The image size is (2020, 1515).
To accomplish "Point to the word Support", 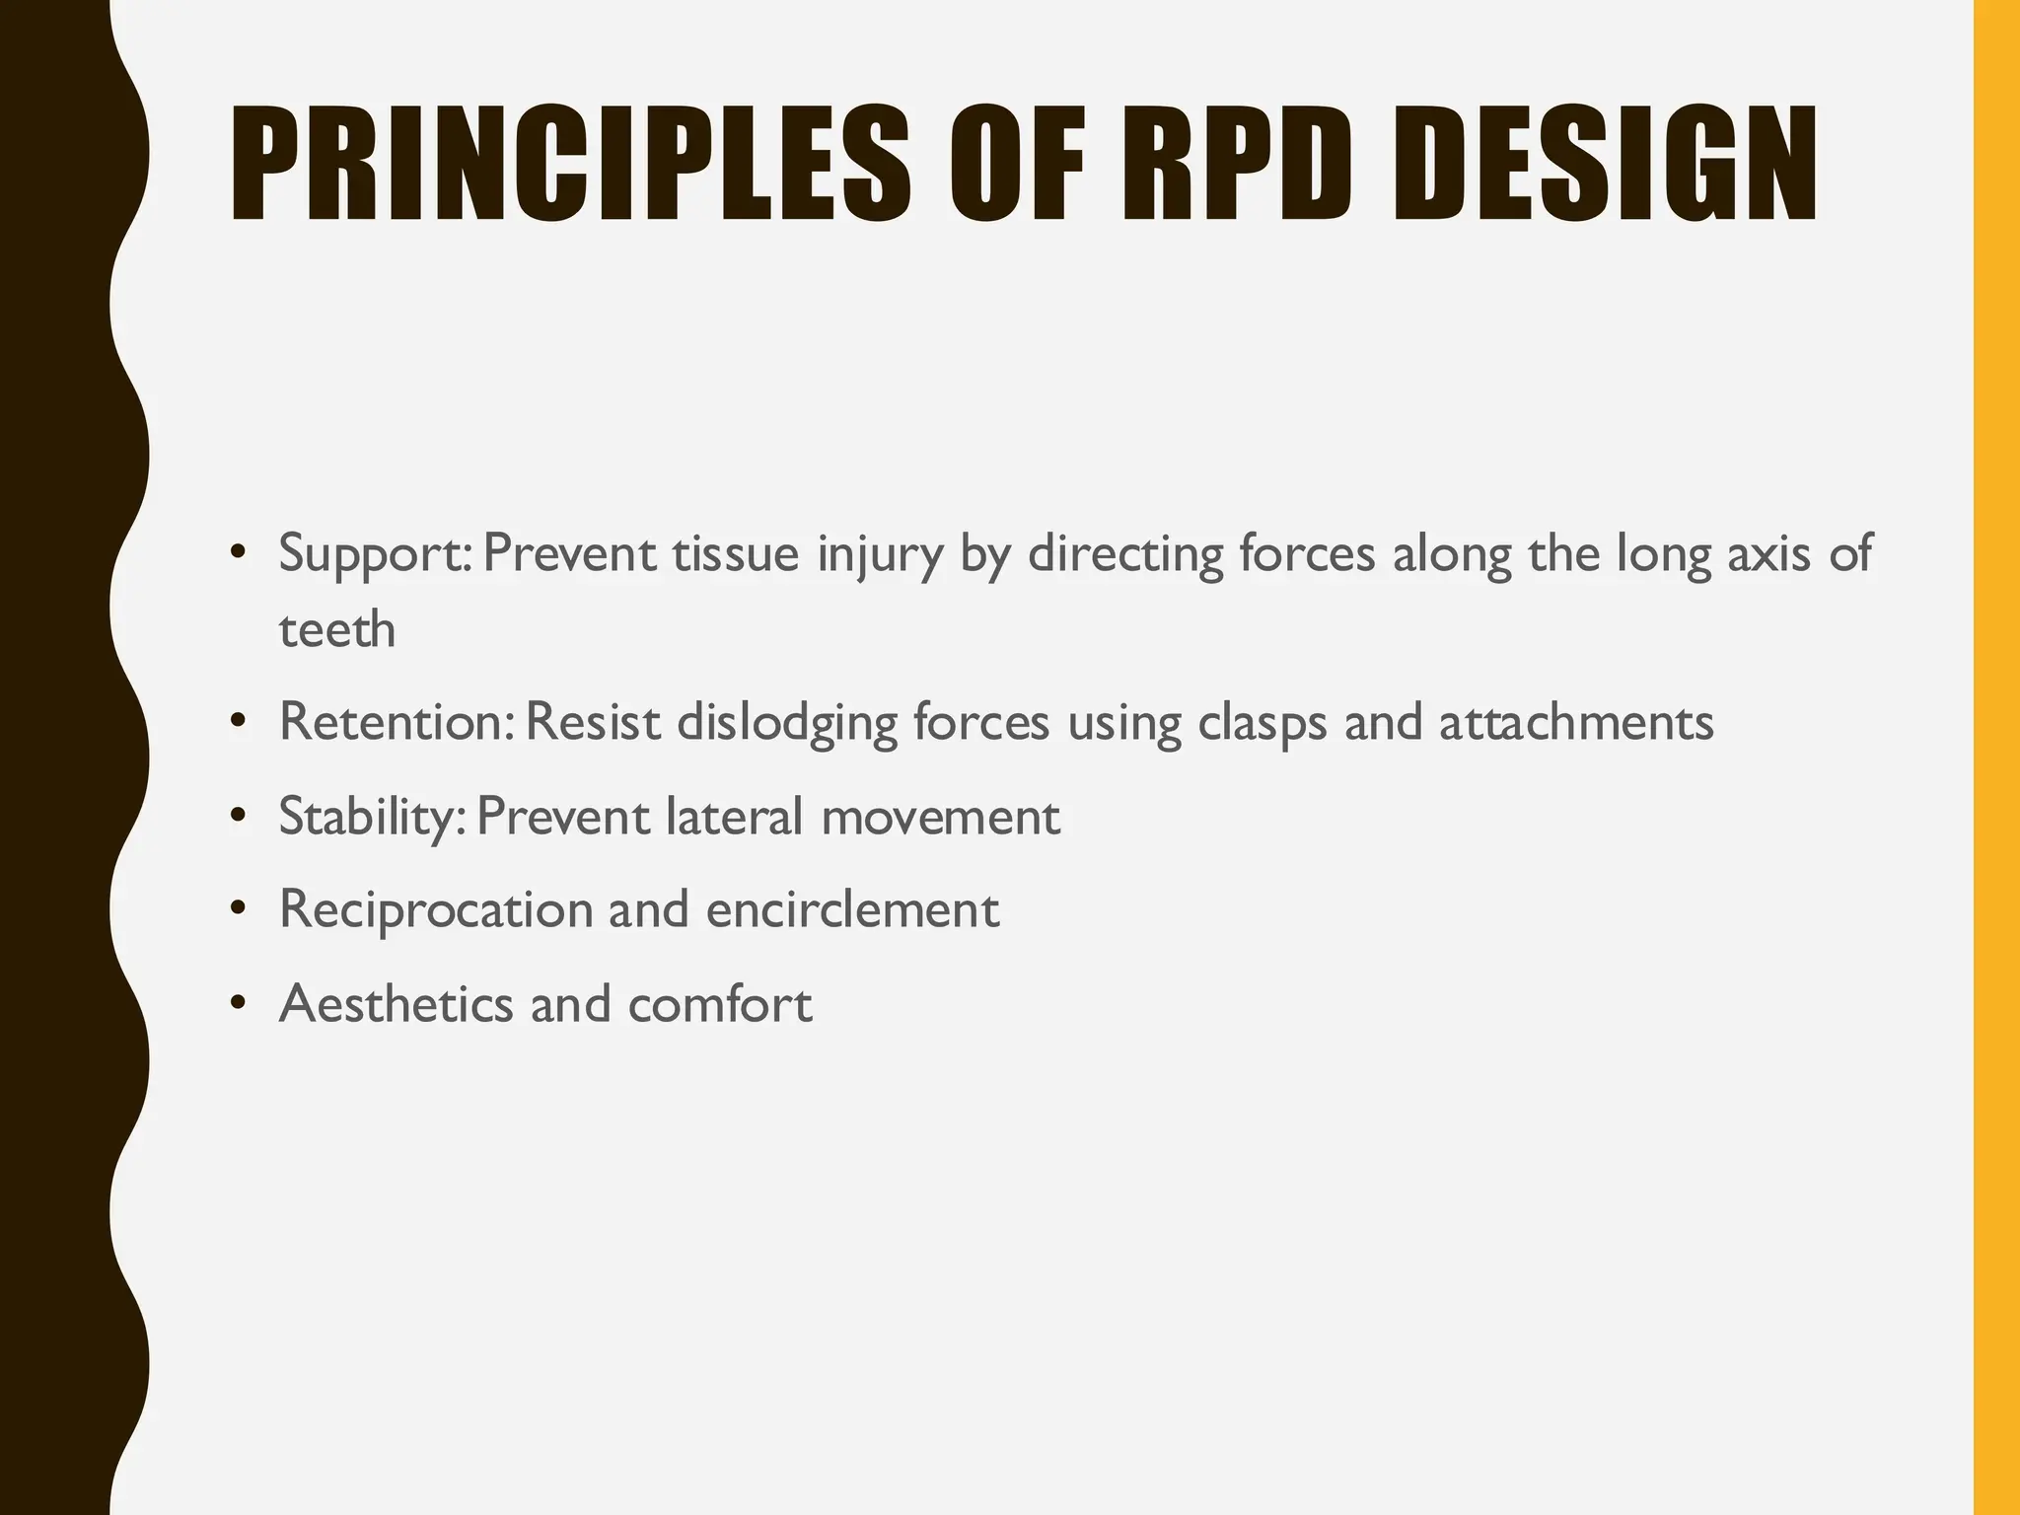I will [x=375, y=554].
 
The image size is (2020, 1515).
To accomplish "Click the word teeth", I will [x=337, y=629].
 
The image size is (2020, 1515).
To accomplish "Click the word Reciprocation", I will [x=436, y=909].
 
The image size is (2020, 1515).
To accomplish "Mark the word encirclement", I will [x=852, y=909].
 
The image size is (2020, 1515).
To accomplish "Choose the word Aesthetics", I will [x=397, y=1004].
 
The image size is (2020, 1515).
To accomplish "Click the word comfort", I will [x=720, y=1004].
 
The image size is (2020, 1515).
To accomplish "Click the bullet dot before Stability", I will [x=237, y=817].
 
